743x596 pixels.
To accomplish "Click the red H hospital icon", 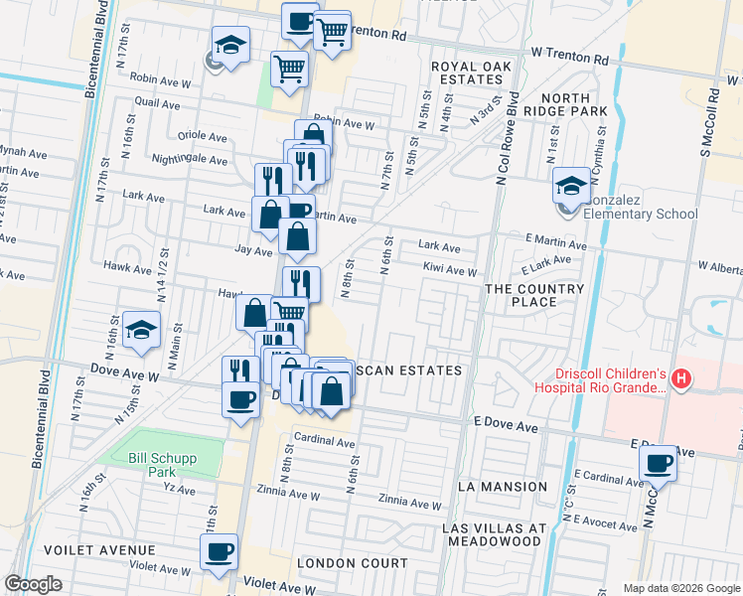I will coord(680,377).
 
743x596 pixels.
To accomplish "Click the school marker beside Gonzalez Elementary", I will coord(571,185).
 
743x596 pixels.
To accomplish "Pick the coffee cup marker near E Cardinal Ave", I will coord(658,462).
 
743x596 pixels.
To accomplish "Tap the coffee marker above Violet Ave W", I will coord(219,550).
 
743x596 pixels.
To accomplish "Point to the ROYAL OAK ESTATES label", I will coord(466,73).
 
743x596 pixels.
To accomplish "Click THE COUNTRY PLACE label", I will coord(534,295).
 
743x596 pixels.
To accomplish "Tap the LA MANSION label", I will coord(503,487).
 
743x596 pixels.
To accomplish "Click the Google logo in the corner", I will coord(33,584).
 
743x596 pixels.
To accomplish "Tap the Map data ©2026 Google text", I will coord(681,588).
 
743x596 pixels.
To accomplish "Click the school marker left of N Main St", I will coord(141,330).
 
